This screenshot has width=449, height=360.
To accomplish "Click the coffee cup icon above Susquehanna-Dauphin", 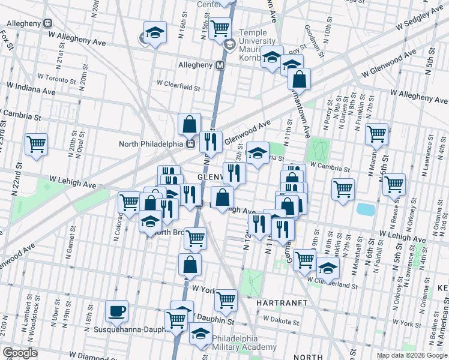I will [x=116, y=311].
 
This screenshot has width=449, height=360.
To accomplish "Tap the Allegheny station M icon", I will [x=220, y=65].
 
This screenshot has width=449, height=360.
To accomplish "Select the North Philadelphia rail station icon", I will [x=190, y=143].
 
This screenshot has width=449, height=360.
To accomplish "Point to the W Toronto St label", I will [x=57, y=77].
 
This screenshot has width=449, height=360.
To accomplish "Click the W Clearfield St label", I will [x=178, y=87].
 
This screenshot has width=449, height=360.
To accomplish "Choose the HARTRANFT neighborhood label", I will [x=282, y=303].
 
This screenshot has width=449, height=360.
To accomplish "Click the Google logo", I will [x=20, y=353].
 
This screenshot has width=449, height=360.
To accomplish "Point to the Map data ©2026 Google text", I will [x=411, y=355].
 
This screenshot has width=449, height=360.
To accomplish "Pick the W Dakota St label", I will [x=281, y=319].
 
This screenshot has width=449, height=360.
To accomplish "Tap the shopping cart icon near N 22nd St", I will [x=37, y=144].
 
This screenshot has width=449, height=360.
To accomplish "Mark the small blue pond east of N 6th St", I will [x=365, y=209].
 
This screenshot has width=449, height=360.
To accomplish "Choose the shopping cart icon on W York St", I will [x=226, y=299].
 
